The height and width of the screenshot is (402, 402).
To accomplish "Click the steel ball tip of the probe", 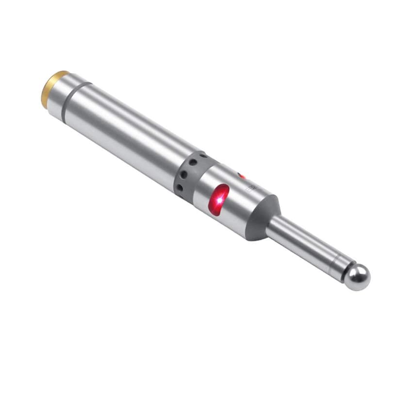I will click(x=358, y=278).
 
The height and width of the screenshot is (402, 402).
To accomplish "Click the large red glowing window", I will click(x=219, y=199).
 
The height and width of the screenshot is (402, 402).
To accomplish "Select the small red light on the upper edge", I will click(x=241, y=176).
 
